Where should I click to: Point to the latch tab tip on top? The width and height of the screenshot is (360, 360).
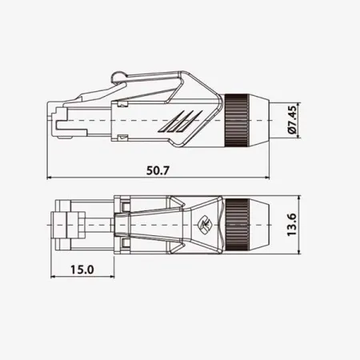point(118,77)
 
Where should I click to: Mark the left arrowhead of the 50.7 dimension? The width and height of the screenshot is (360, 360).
point(51,178)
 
